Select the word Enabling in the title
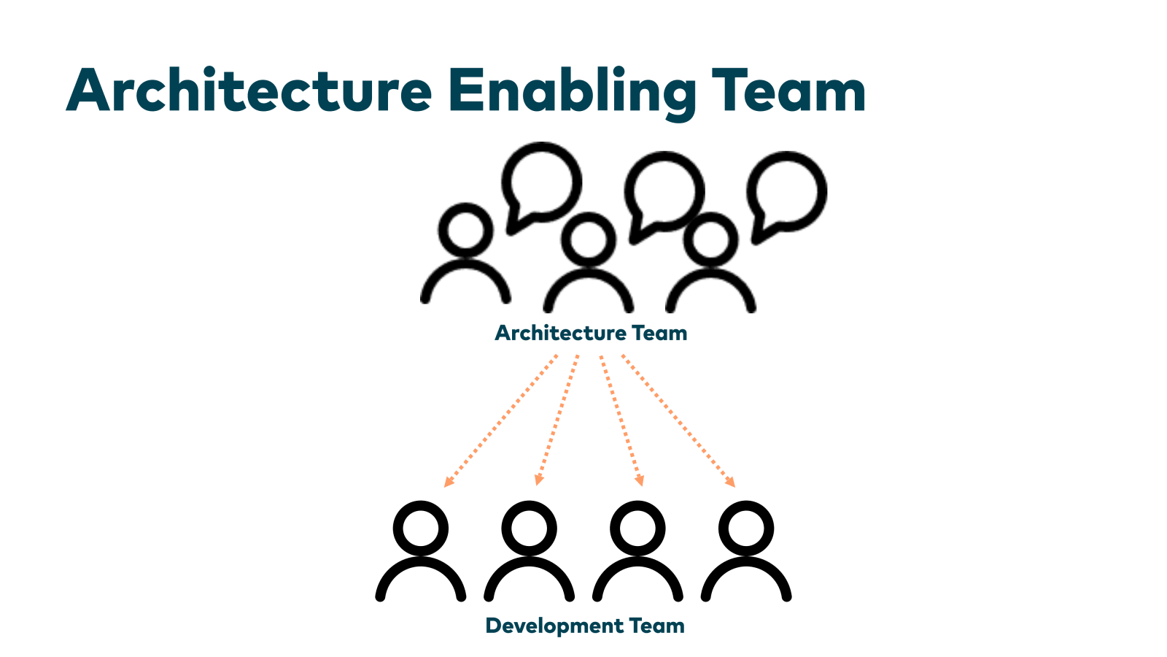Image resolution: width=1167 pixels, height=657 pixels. tap(571, 92)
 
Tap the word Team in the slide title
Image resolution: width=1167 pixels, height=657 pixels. tap(788, 91)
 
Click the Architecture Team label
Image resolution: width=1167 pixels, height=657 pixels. tap(591, 333)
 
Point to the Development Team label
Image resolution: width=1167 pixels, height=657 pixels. tap(585, 626)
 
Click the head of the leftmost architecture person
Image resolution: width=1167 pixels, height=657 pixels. tap(465, 228)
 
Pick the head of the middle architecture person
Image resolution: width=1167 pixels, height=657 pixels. tap(588, 238)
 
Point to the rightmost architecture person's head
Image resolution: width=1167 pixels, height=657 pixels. tap(710, 238)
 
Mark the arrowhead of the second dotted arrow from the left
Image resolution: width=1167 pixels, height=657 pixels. tap(539, 480)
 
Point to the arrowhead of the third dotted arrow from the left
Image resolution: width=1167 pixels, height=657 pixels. tap(640, 480)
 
